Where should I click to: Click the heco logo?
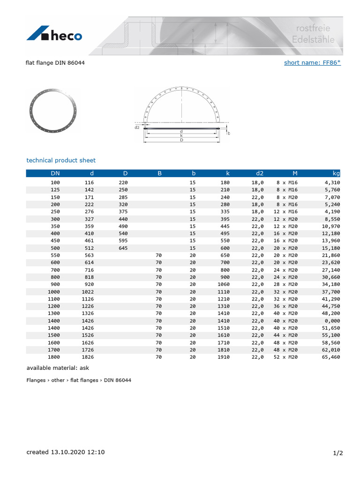[54, 34]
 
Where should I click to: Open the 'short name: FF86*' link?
[312, 62]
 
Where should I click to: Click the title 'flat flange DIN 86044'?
[55, 62]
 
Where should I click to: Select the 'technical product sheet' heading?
[61, 160]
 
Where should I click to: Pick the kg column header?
[336, 173]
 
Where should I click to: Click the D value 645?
[123, 248]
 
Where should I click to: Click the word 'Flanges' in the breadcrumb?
[36, 380]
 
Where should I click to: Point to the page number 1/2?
[338, 453]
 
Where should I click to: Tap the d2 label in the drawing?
[137, 127]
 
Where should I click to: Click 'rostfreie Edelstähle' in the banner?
[313, 34]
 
